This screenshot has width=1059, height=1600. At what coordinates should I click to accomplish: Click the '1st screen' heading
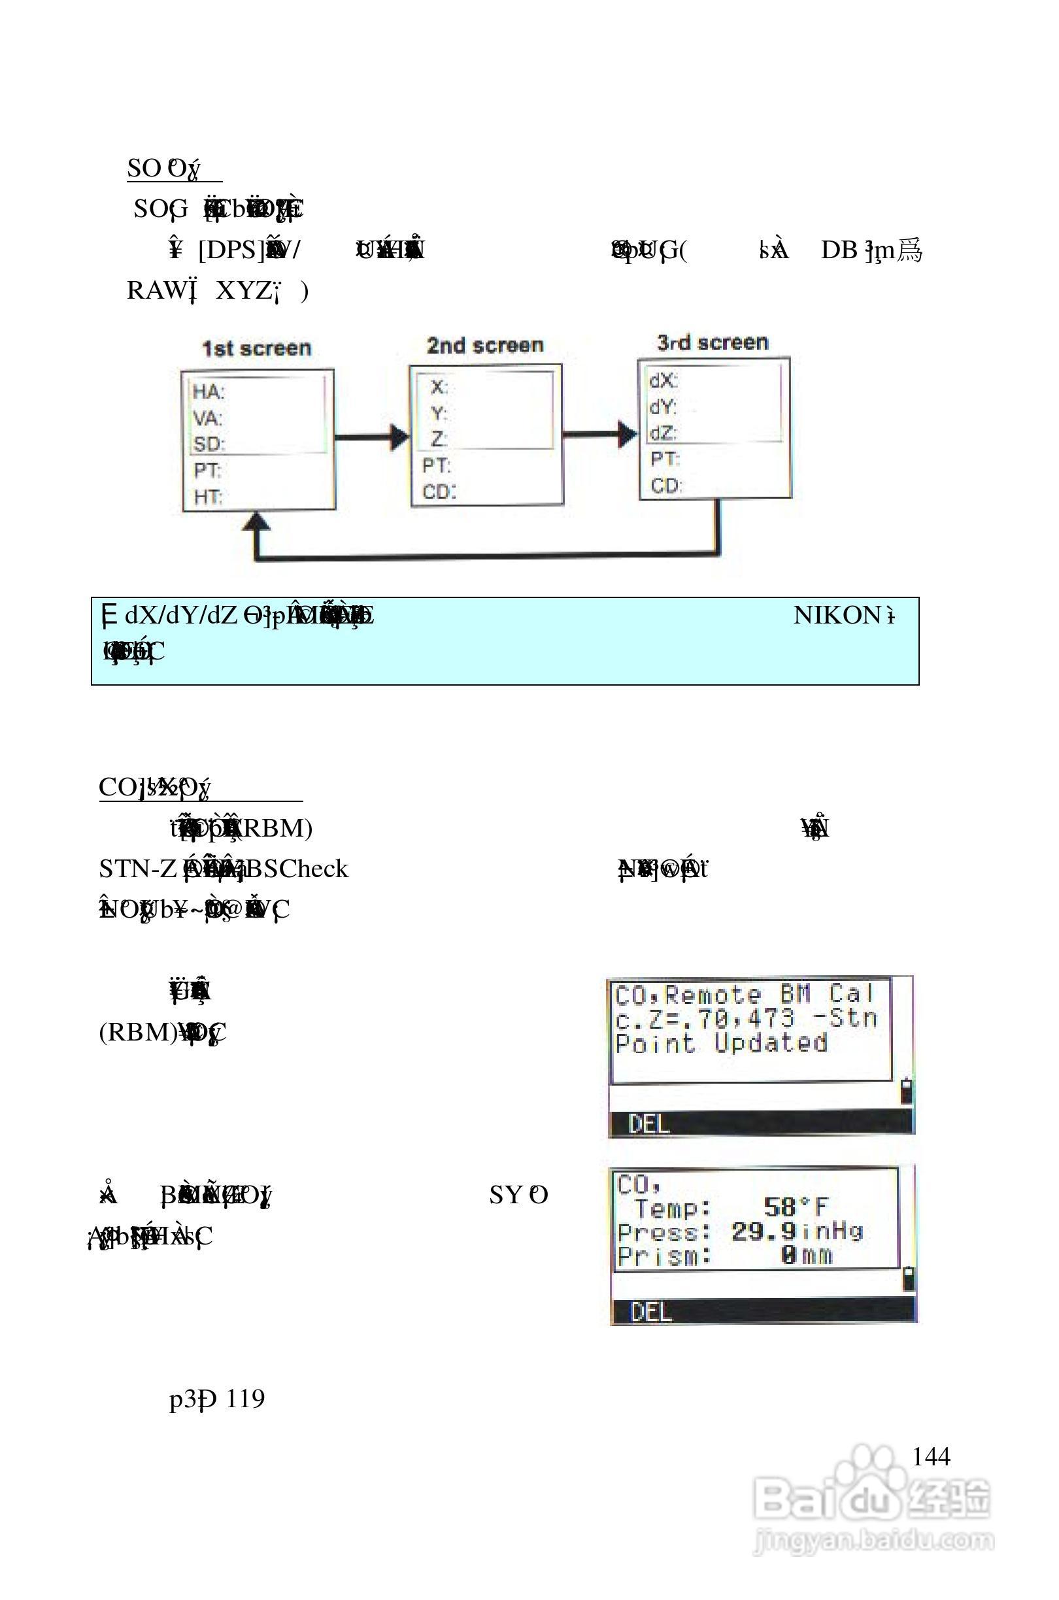(257, 348)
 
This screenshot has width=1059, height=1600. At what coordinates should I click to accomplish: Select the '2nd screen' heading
(485, 346)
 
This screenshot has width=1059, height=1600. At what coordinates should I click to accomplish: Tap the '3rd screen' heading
(713, 342)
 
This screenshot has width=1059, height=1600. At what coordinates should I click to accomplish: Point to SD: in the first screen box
(209, 444)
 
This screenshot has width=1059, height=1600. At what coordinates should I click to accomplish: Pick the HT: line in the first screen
(207, 497)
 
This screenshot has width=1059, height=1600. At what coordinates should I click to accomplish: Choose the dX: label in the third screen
(664, 381)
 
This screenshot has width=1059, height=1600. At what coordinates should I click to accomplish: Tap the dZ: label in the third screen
(664, 433)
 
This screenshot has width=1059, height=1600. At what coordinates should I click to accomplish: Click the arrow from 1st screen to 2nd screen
(372, 437)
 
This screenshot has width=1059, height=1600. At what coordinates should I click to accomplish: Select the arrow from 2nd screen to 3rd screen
(599, 433)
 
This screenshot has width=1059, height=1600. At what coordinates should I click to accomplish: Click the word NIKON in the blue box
(837, 615)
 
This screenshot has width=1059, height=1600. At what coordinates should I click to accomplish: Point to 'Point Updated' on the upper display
(720, 1043)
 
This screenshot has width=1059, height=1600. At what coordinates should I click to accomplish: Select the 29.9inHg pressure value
(797, 1231)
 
